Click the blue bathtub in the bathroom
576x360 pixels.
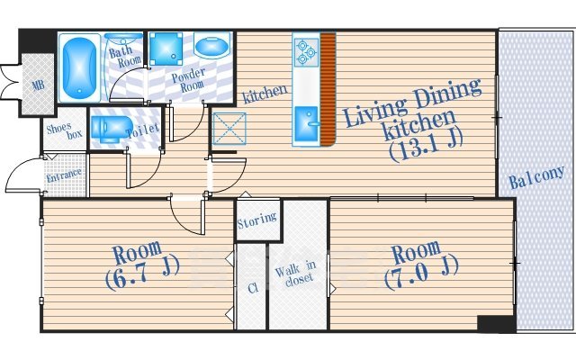(80, 67)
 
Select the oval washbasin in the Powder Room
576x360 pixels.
(211, 47)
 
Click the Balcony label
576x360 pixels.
(536, 176)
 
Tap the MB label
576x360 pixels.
(39, 86)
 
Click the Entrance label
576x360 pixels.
(65, 175)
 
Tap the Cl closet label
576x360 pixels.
(252, 288)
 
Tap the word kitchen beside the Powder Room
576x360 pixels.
(265, 91)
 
